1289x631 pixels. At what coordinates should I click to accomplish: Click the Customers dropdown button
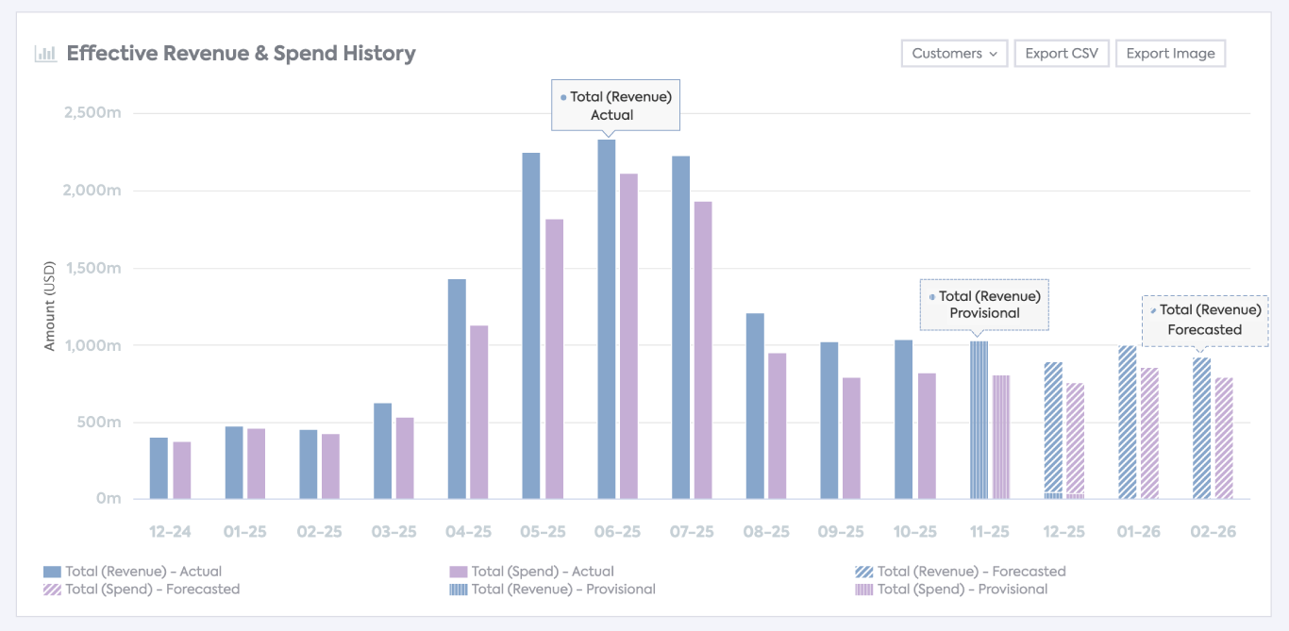(x=954, y=54)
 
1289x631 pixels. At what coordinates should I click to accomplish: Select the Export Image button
(x=1170, y=54)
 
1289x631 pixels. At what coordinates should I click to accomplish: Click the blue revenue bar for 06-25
(x=606, y=321)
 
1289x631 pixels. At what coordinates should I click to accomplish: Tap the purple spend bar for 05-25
(x=554, y=358)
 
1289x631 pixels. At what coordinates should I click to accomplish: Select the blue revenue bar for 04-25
(x=457, y=389)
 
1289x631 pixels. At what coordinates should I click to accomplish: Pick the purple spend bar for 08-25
(x=777, y=425)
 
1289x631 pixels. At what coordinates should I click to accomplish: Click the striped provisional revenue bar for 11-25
(x=979, y=420)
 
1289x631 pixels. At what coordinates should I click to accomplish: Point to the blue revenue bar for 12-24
(x=159, y=468)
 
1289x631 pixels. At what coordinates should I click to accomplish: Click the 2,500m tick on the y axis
(x=92, y=113)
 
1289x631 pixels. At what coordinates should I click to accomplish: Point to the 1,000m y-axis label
(x=92, y=345)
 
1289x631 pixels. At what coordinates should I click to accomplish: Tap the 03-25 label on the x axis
(x=393, y=532)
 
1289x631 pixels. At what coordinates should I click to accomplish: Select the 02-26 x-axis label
(x=1213, y=532)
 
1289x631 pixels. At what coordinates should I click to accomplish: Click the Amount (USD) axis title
(x=50, y=306)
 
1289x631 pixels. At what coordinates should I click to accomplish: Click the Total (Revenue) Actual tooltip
(x=615, y=105)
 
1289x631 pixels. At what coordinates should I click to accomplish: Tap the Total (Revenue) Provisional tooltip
(x=984, y=304)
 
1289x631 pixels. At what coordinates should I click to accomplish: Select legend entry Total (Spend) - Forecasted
(x=142, y=589)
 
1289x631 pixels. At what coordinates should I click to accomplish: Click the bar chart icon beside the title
(x=45, y=54)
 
